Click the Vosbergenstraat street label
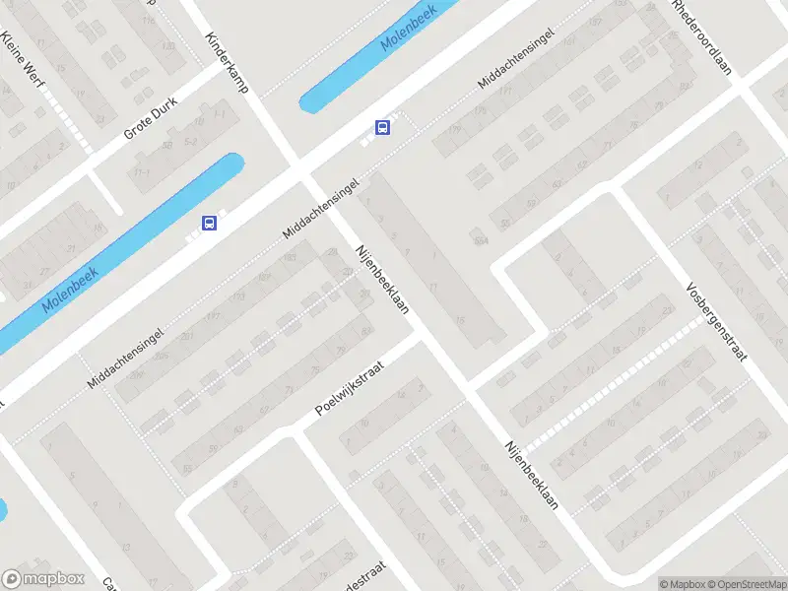click(x=716, y=324)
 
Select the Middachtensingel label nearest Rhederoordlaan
click(x=515, y=59)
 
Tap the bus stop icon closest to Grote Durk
click(x=210, y=224)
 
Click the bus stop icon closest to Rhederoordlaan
click(x=382, y=127)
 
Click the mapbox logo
click(x=43, y=579)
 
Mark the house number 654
click(x=481, y=239)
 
